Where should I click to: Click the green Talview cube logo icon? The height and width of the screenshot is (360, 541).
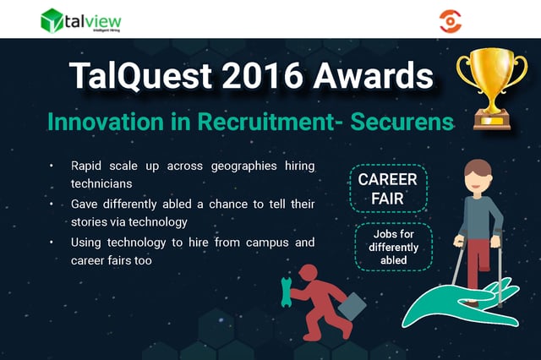52,20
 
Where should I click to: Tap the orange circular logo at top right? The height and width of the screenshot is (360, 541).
451,21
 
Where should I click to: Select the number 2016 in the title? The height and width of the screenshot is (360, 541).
263,75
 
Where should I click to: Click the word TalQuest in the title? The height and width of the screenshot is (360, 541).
140,76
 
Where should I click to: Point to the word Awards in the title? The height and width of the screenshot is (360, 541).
374,75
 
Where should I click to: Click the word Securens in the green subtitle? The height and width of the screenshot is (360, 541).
402,122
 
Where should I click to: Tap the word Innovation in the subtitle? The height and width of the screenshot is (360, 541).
106,122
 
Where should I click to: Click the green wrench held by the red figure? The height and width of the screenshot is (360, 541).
286,292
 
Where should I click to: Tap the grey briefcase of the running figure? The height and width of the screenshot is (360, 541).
352,306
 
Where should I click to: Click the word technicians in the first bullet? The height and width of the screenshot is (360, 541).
101,183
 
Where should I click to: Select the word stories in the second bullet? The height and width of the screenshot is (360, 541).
89,221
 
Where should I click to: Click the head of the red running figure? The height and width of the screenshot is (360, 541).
308,273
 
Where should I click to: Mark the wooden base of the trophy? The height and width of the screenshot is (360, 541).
492,121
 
